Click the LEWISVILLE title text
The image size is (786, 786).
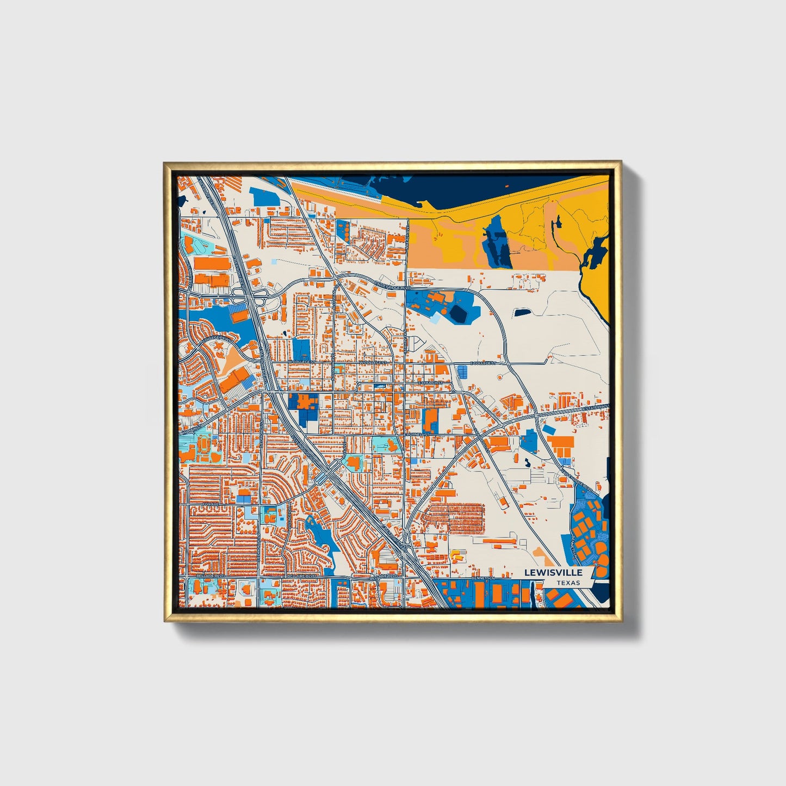coord(553,572)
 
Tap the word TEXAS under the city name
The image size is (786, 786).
coord(568,583)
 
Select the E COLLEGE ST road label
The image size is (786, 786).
coord(484,363)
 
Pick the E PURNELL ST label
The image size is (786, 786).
coord(417,435)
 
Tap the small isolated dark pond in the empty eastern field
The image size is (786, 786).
coord(522,313)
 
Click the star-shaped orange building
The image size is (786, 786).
coord(306,403)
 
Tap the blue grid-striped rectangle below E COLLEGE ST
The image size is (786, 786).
coord(462,372)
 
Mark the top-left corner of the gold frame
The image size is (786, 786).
coord(164,162)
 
